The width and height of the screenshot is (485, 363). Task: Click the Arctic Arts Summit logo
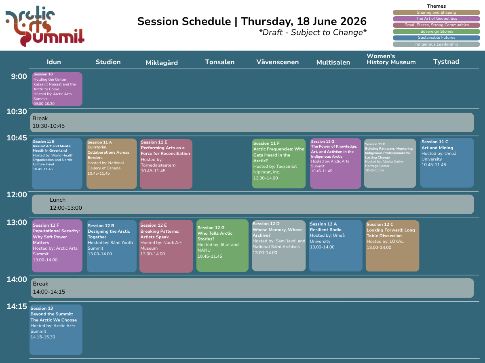point(45,26)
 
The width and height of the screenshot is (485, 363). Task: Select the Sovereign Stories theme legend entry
point(436,31)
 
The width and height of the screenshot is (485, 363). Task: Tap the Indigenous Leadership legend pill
point(436,44)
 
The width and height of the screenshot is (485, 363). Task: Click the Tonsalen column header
point(219,62)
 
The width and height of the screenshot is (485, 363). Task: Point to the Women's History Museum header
point(391,59)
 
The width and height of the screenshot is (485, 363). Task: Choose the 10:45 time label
point(17,138)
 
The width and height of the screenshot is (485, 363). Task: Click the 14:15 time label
point(17,307)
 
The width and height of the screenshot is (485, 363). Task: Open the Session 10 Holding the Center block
point(57,89)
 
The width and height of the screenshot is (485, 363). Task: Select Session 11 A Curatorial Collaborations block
point(112,163)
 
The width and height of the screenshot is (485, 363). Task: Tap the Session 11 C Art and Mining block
point(447,163)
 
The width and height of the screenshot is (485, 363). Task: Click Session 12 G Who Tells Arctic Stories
point(222,246)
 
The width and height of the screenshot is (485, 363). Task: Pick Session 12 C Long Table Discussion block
point(392,246)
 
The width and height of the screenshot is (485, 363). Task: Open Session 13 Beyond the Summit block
point(56,330)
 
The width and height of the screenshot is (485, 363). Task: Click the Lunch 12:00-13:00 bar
point(253,204)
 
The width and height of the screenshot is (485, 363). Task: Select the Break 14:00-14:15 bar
point(252,288)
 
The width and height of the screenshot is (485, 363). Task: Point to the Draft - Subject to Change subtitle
point(313,32)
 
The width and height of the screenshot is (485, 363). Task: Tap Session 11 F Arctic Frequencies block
point(279,163)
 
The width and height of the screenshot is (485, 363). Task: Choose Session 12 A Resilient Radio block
point(335,246)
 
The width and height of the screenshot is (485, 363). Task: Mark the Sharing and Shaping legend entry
point(436,13)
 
